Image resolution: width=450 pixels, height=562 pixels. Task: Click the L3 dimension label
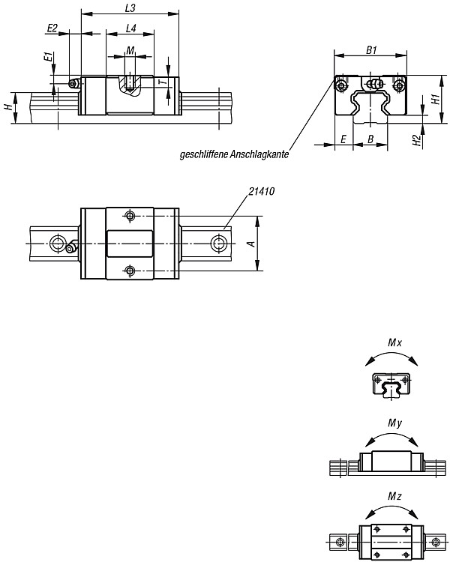pos(130,8)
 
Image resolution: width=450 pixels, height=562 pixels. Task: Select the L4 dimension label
pos(131,28)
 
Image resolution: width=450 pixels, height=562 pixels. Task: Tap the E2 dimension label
pos(52,28)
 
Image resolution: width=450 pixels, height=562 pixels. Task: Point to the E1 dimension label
pos(48,57)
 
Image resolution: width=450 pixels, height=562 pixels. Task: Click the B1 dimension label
pos(371,50)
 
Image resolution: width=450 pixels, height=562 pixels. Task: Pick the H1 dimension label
pos(436,99)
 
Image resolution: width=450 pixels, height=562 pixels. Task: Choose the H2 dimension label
pos(416,140)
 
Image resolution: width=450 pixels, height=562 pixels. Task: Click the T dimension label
pos(163,82)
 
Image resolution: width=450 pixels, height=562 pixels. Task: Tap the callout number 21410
pos(262,191)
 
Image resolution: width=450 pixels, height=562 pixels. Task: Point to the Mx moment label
pos(395,342)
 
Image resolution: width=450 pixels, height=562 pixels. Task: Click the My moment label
pos(395,423)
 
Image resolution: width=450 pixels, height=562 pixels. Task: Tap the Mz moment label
pos(394,496)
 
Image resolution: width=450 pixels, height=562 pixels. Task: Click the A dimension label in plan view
pos(252,244)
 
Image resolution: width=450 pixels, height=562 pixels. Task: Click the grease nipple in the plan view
pos(71,247)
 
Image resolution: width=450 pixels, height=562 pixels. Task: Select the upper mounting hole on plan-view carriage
pos(129,215)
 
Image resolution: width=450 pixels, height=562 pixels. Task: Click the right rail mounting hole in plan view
pos(217,244)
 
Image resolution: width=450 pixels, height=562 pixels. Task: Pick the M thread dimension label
pos(130,50)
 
